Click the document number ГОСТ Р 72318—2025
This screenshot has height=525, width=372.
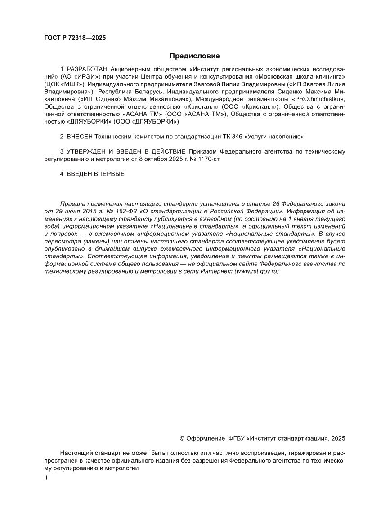click(x=75, y=38)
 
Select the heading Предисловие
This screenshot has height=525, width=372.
click(x=194, y=56)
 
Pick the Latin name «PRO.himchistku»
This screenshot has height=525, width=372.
click(x=318, y=98)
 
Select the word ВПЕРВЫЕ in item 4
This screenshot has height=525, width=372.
click(x=108, y=174)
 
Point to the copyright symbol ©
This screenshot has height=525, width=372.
click(x=183, y=438)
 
